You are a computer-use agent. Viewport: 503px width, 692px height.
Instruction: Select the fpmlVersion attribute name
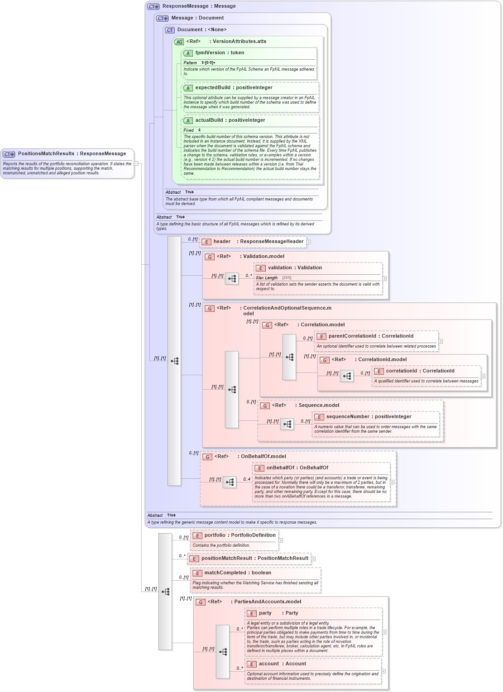pos(211,53)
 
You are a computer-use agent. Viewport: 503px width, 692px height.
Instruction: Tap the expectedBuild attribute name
pos(215,88)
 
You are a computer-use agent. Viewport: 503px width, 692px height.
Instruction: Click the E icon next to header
pos(206,242)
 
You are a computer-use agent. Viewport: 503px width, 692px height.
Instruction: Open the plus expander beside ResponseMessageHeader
pos(308,242)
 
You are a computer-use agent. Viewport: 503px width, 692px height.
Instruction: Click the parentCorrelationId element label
pos(352,336)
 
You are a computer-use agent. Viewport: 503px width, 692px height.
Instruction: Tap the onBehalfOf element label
pos(281,468)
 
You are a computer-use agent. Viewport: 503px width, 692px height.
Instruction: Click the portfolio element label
pos(215,535)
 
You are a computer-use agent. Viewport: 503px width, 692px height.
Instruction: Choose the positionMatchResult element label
pos(226,558)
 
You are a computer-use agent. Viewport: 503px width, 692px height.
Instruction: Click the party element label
pos(265,613)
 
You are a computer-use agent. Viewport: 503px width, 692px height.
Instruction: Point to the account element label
pos(269,664)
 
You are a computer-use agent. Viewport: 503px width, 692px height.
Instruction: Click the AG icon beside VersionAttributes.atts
pos(179,42)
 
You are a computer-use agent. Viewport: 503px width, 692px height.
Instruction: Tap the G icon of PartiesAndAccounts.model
pos(201,602)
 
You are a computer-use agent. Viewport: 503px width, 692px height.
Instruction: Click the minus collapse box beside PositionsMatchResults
pos(136,163)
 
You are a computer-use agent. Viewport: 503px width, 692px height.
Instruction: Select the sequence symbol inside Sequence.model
pos(287,424)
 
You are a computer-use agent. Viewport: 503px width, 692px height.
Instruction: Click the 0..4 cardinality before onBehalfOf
pos(246,479)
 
